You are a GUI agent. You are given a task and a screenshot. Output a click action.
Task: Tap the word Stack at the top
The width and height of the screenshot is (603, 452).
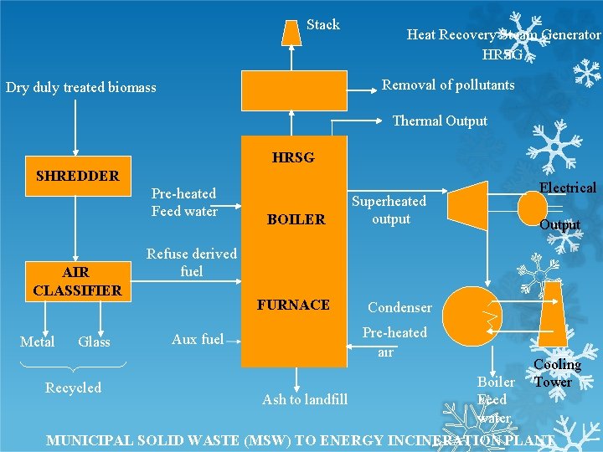tap(323, 24)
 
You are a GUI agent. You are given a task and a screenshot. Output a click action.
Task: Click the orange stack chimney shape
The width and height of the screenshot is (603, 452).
tap(291, 32)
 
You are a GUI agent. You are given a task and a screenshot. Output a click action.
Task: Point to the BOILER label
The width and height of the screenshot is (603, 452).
tap(296, 220)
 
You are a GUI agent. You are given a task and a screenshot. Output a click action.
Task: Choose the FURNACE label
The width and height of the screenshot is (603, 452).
tap(293, 305)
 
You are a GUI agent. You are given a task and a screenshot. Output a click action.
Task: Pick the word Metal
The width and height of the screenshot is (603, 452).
tap(38, 342)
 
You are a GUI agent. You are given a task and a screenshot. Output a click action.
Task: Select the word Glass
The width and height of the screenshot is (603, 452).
tap(94, 342)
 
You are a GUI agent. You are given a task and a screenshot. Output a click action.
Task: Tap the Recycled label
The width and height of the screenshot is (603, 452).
tap(73, 388)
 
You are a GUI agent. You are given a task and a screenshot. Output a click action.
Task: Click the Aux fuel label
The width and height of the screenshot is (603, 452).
tap(198, 339)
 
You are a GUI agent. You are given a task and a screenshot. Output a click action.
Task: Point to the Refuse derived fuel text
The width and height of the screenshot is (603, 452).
tap(192, 262)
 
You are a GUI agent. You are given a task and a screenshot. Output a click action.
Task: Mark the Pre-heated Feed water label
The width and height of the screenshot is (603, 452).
tap(184, 202)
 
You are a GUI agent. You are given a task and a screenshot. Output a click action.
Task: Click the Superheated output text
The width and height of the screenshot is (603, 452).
tap(389, 210)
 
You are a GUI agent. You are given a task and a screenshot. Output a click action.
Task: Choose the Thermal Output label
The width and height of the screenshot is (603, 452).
tap(440, 121)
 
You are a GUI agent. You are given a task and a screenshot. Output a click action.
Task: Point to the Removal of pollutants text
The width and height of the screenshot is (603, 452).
tap(448, 85)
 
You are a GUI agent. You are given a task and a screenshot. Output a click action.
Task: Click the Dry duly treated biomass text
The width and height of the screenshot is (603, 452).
tap(81, 87)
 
